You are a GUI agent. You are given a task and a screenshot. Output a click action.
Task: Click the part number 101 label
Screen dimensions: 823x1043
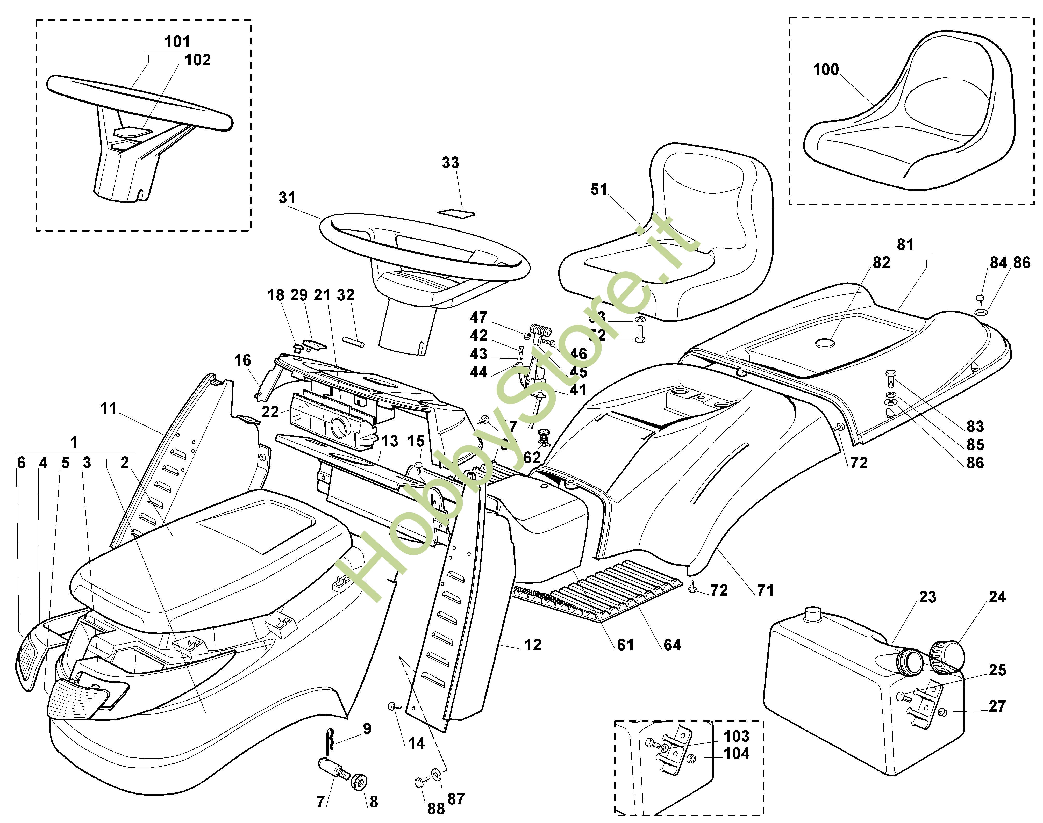[177, 41]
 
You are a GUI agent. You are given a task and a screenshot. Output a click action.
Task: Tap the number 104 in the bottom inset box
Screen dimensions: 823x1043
[737, 754]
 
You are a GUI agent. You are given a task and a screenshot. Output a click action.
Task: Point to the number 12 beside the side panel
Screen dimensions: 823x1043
[533, 645]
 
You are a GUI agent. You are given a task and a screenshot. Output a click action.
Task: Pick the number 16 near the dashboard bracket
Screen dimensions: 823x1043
[243, 360]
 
